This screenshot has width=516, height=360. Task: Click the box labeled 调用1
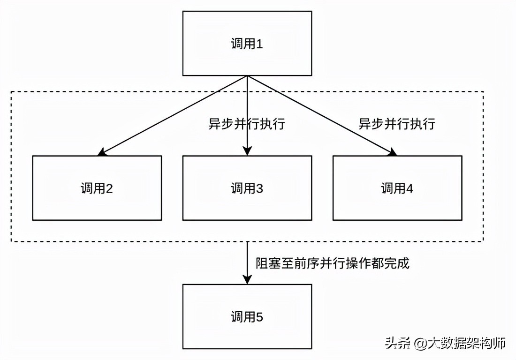click(x=247, y=43)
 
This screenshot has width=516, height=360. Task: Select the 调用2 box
click(x=97, y=188)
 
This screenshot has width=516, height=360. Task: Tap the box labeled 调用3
click(x=247, y=188)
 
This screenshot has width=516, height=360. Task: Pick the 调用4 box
click(x=397, y=188)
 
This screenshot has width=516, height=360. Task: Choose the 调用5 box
click(x=247, y=316)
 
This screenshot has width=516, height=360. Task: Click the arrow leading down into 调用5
click(x=247, y=262)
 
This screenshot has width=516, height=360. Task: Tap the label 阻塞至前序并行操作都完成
click(x=332, y=263)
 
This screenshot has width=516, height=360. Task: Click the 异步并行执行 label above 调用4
click(x=397, y=124)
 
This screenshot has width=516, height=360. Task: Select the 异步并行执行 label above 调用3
click(x=247, y=124)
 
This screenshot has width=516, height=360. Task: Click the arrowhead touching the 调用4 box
click(x=393, y=152)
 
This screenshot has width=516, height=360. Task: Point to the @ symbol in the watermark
click(x=418, y=344)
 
